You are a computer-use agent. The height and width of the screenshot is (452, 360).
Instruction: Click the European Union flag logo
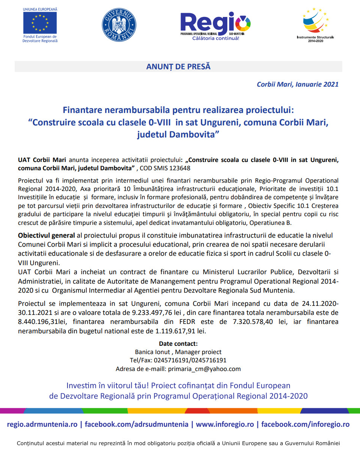point(40,23)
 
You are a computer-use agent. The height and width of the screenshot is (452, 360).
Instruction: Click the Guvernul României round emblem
point(119,25)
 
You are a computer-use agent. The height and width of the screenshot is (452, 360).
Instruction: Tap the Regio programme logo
point(215,25)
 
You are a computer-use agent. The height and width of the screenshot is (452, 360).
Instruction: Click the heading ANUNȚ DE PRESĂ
point(178,67)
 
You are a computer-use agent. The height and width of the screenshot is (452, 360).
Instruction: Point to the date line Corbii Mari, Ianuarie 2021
point(297,84)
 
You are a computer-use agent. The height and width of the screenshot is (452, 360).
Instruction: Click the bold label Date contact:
point(178,344)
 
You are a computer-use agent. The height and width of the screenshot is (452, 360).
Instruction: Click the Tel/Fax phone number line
point(178,360)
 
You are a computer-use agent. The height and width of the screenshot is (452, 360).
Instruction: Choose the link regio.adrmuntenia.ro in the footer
point(42,424)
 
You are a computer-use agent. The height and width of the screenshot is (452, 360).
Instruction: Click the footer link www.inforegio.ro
point(225,424)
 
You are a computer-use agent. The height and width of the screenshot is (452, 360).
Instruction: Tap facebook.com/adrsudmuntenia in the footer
point(136,424)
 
